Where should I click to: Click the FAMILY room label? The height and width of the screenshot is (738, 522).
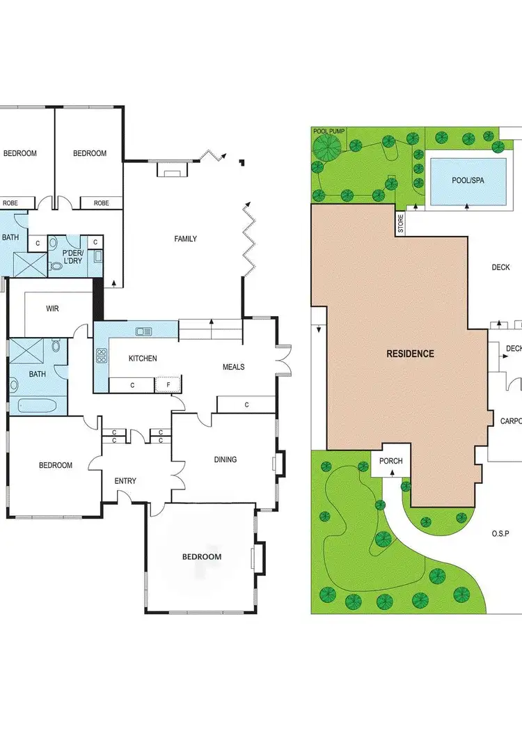click(185, 239)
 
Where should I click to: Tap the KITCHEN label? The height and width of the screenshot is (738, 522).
click(143, 359)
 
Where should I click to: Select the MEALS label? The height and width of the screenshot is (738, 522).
click(234, 367)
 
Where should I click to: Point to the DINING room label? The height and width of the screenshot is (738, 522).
click(226, 460)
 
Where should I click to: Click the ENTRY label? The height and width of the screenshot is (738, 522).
click(125, 481)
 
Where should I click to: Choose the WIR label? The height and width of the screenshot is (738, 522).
click(52, 308)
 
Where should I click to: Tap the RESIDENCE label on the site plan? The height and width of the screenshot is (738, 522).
click(410, 354)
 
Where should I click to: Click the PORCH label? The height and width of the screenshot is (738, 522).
click(391, 462)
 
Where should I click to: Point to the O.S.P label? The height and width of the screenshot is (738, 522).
click(501, 533)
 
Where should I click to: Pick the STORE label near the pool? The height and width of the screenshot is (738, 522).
click(400, 223)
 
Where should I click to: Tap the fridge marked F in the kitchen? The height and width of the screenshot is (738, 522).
click(167, 384)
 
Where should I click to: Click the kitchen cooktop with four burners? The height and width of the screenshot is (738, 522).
click(102, 357)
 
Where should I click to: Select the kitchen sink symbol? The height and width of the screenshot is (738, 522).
click(144, 331)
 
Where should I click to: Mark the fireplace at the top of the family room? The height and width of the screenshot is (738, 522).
click(171, 169)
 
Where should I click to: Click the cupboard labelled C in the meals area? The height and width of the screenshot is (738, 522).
click(246, 405)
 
